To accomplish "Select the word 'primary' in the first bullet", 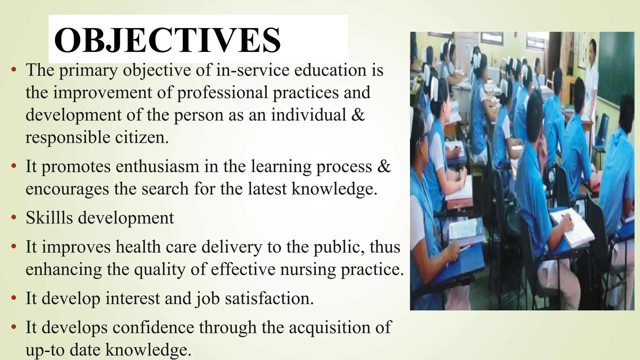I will [x=88, y=71].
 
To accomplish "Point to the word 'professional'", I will [x=222, y=93].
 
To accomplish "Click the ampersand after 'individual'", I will [x=358, y=115].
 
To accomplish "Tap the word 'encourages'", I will [x=67, y=189].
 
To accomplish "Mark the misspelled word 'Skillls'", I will [x=49, y=217].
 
